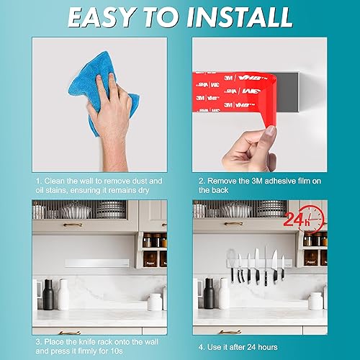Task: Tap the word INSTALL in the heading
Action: [240, 18]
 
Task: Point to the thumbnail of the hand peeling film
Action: [260, 104]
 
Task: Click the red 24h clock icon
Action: [305, 220]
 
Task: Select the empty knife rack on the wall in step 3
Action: [97, 264]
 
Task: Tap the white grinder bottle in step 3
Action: [63, 294]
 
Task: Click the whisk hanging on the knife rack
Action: [232, 265]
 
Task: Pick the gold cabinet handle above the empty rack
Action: [73, 225]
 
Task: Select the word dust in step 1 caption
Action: [142, 181]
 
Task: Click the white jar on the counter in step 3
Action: [155, 302]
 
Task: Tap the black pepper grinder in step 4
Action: [209, 293]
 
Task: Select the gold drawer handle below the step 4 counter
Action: [230, 332]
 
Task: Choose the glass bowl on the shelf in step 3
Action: [76, 210]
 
